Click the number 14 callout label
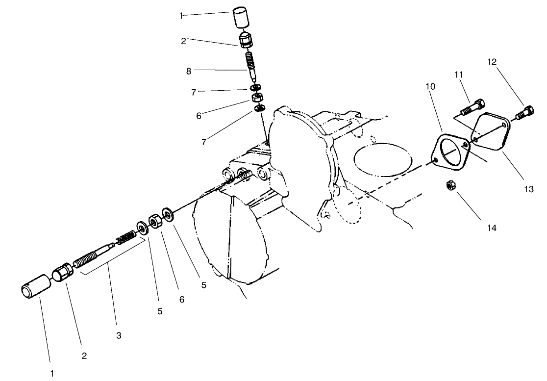(x=492, y=228)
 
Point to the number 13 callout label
(x=528, y=189)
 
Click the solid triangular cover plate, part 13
(x=491, y=131)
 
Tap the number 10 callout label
(x=430, y=86)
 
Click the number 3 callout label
(x=118, y=335)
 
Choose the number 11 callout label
(x=459, y=75)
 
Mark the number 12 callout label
(x=492, y=62)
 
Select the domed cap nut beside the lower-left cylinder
(x=62, y=273)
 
